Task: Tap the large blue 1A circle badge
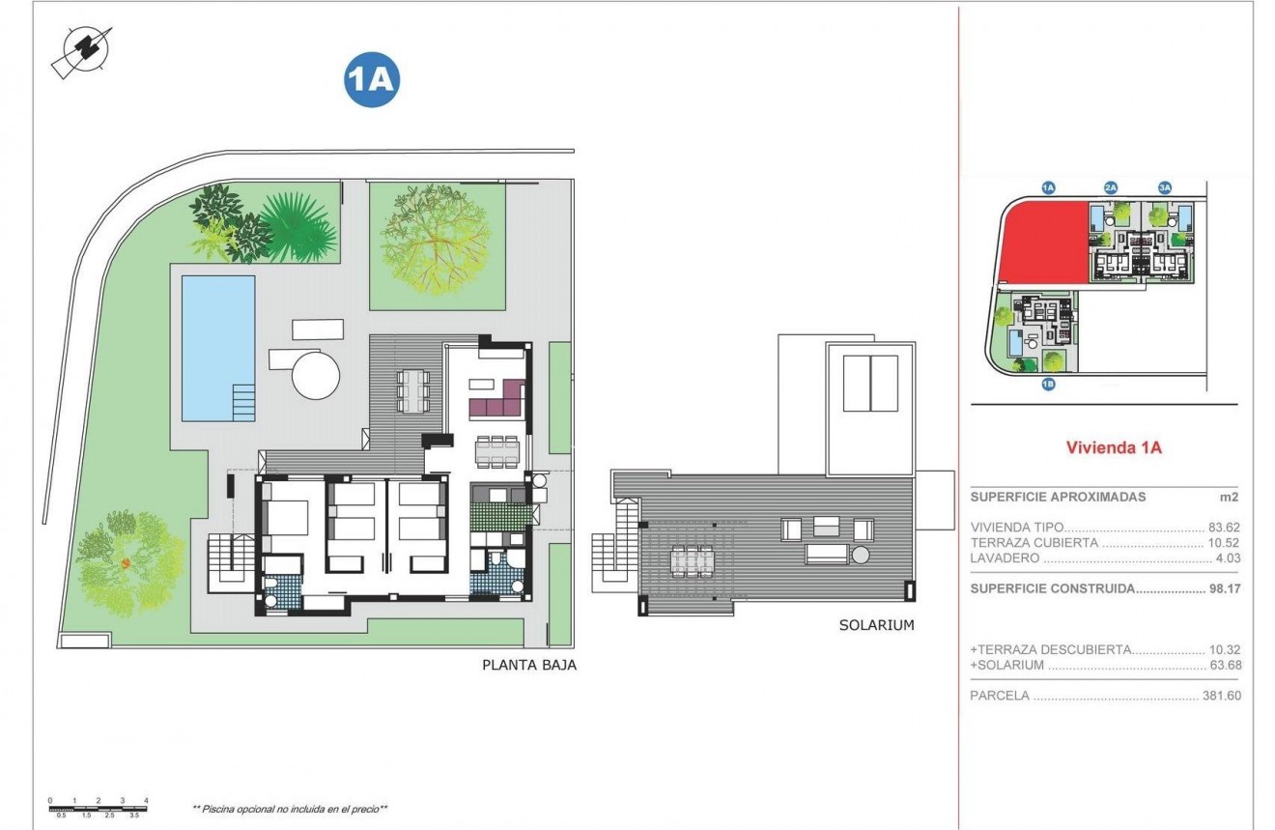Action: pos(371,80)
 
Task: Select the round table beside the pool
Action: pos(316,375)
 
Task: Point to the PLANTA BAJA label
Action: pos(529,665)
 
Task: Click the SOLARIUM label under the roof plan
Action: pos(876,625)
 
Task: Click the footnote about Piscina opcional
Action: pos(291,808)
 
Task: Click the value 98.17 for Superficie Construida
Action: pos(1224,587)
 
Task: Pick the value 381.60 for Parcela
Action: pos(1220,696)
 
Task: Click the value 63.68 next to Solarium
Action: pos(1224,665)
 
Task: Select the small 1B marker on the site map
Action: pos(1048,385)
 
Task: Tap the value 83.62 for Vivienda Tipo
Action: pos(1224,528)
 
